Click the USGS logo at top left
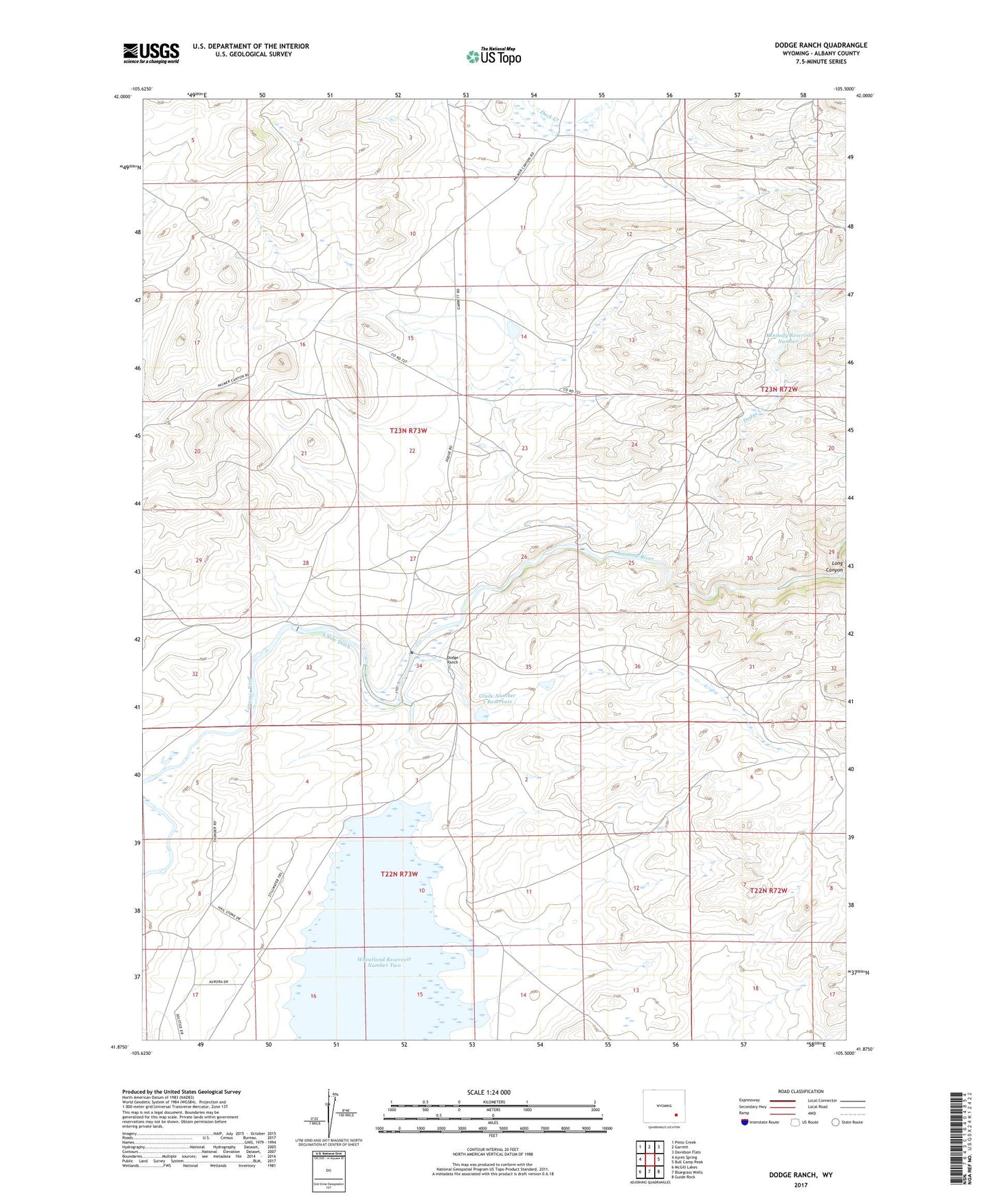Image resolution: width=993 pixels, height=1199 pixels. [x=151, y=52]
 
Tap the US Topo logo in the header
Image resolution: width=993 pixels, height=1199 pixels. [x=493, y=56]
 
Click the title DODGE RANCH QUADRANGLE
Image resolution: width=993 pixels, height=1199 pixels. [x=821, y=45]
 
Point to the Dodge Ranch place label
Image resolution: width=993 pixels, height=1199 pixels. [x=452, y=660]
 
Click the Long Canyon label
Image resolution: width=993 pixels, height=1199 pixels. [x=834, y=567]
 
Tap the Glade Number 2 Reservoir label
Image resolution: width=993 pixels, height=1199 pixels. [x=497, y=699]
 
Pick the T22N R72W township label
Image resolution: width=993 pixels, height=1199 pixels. [x=768, y=891]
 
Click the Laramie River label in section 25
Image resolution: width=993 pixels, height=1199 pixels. [x=635, y=558]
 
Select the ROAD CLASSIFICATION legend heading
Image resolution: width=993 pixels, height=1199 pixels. [x=801, y=1091]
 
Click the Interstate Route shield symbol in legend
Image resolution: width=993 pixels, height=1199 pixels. [x=745, y=1122]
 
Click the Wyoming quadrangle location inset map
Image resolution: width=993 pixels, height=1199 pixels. [x=663, y=1108]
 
